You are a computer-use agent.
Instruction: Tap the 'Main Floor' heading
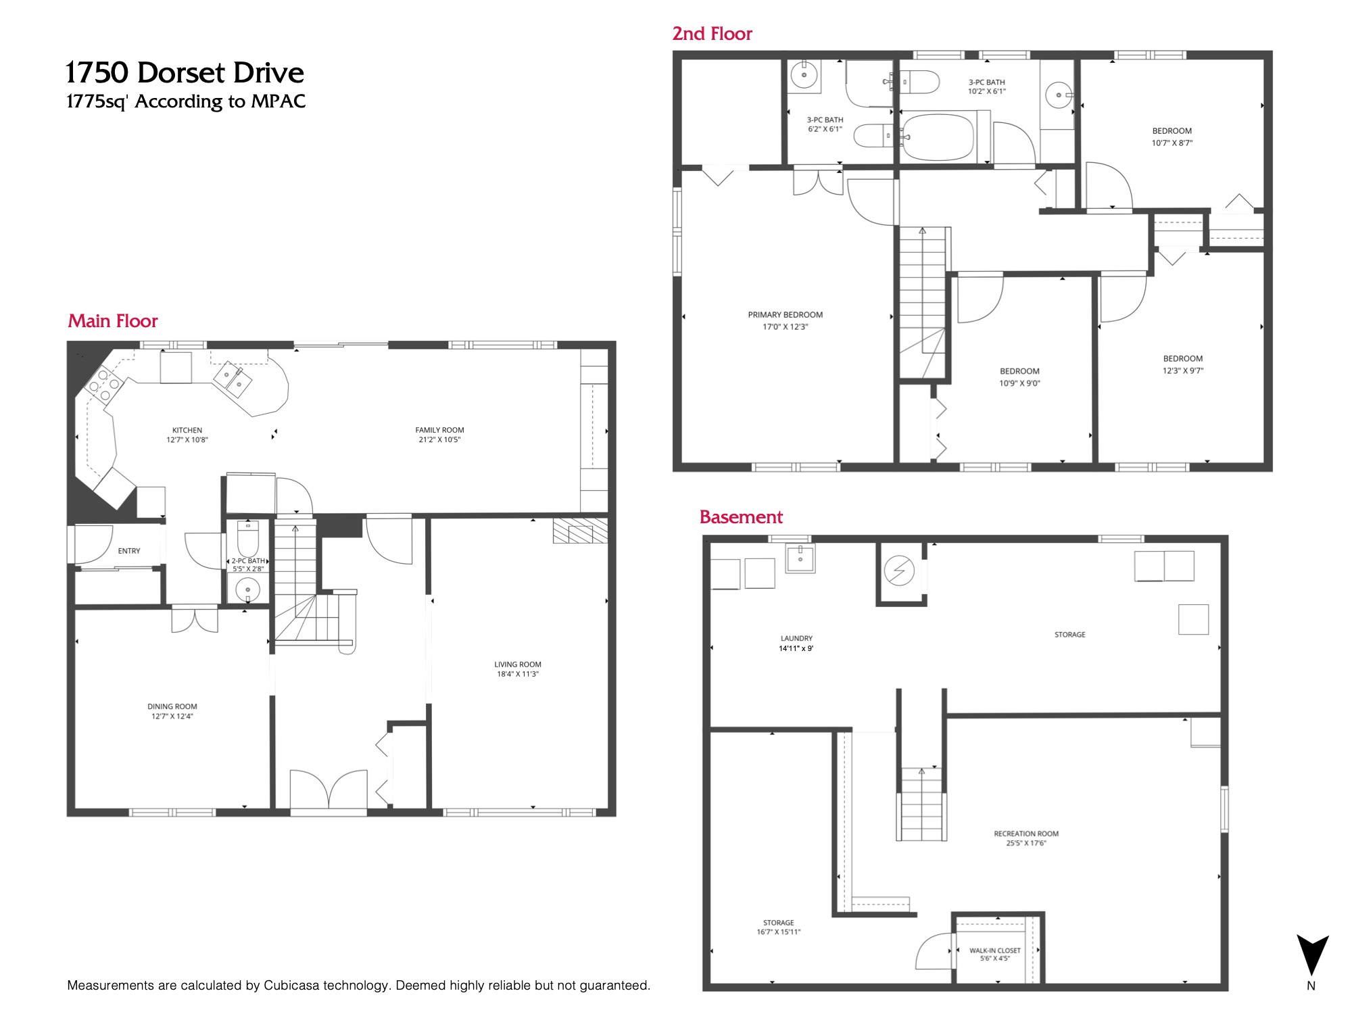pos(113,321)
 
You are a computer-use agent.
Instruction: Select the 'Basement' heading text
pos(741,517)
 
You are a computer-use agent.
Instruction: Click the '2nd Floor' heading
pos(712,34)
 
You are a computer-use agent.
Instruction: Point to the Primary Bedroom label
pos(786,315)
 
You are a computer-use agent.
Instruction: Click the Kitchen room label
pos(187,430)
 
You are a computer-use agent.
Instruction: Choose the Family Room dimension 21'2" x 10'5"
pos(439,440)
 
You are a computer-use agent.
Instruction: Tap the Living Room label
pos(518,665)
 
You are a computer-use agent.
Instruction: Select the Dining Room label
pos(172,706)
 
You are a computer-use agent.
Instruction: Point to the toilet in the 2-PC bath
pos(248,538)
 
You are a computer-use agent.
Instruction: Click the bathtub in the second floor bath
pos(938,137)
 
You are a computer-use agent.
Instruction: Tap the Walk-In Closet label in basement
pos(995,950)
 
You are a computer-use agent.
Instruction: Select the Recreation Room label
pos(1026,834)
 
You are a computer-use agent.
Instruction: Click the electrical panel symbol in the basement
pos(899,571)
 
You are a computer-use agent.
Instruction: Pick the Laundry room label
pos(796,638)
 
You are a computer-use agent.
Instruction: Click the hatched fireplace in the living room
pos(580,531)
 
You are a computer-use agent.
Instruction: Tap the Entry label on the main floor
pos(129,551)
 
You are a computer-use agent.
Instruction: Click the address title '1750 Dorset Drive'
pos(185,72)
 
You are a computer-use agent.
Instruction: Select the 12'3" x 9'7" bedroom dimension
pos(1183,371)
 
